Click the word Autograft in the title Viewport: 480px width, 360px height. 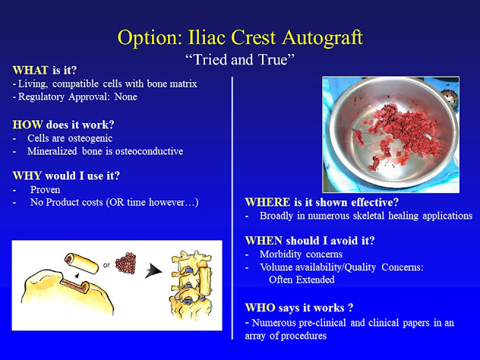[x=322, y=38]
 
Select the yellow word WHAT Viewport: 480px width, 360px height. [x=30, y=71]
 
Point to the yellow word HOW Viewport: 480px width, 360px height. [x=27, y=125]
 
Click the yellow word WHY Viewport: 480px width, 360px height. [x=27, y=175]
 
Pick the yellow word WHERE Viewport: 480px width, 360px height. [x=267, y=202]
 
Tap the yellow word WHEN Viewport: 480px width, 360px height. [x=264, y=241]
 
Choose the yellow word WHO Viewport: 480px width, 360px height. [x=260, y=308]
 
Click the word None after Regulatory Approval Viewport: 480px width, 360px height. [x=125, y=96]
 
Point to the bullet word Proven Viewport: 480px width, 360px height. [x=45, y=190]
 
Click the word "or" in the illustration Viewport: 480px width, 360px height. [x=106, y=265]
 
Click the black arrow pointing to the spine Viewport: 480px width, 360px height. [x=153, y=271]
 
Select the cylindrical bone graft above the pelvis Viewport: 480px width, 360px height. [x=81, y=264]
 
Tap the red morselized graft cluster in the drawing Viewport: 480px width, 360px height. [x=126, y=263]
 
